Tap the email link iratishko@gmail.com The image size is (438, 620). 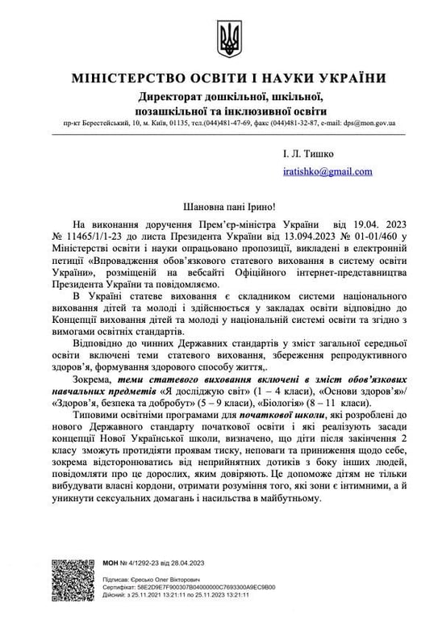(327, 171)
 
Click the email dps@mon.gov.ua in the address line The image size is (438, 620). (368, 124)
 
